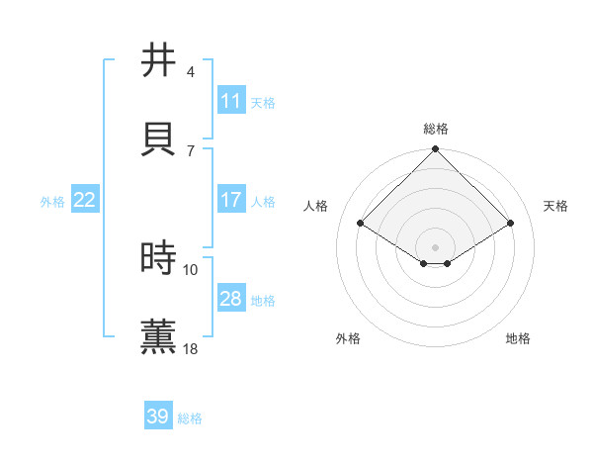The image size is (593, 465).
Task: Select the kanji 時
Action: tap(160, 258)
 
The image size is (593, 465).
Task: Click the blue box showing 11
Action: tap(231, 101)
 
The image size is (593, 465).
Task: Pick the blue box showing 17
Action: tap(231, 200)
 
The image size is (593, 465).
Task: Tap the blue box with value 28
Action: tap(231, 299)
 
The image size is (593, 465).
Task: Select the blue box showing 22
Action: tap(85, 200)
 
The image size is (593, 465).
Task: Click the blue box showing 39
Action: tap(158, 417)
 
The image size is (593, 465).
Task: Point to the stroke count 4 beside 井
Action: tap(191, 72)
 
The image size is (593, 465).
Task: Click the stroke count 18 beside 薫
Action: tap(191, 349)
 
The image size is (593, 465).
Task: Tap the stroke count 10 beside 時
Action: tap(191, 270)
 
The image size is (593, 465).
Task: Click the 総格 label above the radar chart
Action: tap(436, 129)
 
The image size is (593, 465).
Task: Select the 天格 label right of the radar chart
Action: tap(556, 206)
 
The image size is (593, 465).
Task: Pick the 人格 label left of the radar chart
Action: tap(316, 206)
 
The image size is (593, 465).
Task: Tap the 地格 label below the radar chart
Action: tap(518, 339)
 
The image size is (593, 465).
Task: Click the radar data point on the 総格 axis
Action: tap(436, 150)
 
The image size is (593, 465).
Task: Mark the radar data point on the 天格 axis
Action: tap(511, 224)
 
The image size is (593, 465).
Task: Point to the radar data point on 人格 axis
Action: tap(361, 224)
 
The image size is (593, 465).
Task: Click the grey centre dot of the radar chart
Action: tap(436, 246)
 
